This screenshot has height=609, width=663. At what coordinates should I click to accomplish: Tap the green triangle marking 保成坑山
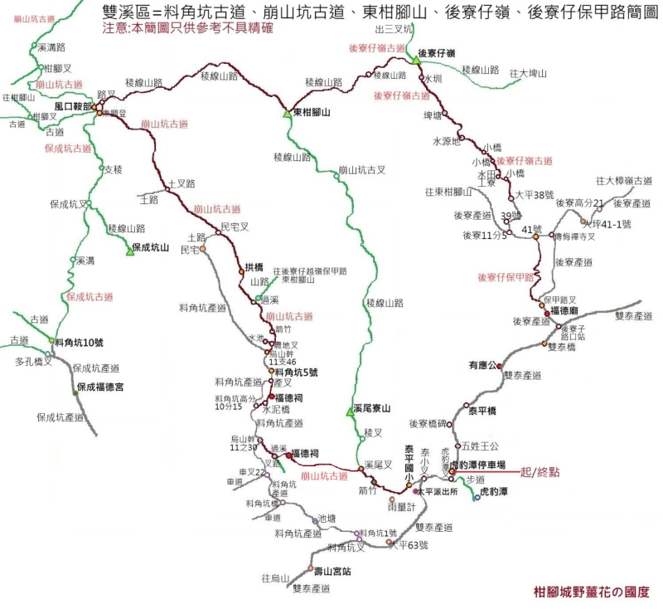pyautogui.click(x=129, y=251)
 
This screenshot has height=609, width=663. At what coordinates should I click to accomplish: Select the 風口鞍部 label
pyautogui.click(x=73, y=107)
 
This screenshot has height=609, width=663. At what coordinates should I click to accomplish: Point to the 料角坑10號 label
pyautogui.click(x=79, y=342)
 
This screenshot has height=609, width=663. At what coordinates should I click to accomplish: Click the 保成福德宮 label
pyautogui.click(x=100, y=387)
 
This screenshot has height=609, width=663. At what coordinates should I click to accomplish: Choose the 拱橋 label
pyautogui.click(x=254, y=267)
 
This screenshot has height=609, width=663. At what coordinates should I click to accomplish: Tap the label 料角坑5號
pyautogui.click(x=296, y=372)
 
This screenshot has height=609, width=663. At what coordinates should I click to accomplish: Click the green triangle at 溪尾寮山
pyautogui.click(x=351, y=412)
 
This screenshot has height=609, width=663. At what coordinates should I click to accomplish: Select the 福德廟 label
pyautogui.click(x=564, y=310)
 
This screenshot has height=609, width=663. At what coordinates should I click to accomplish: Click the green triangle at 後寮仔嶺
pyautogui.click(x=415, y=58)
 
